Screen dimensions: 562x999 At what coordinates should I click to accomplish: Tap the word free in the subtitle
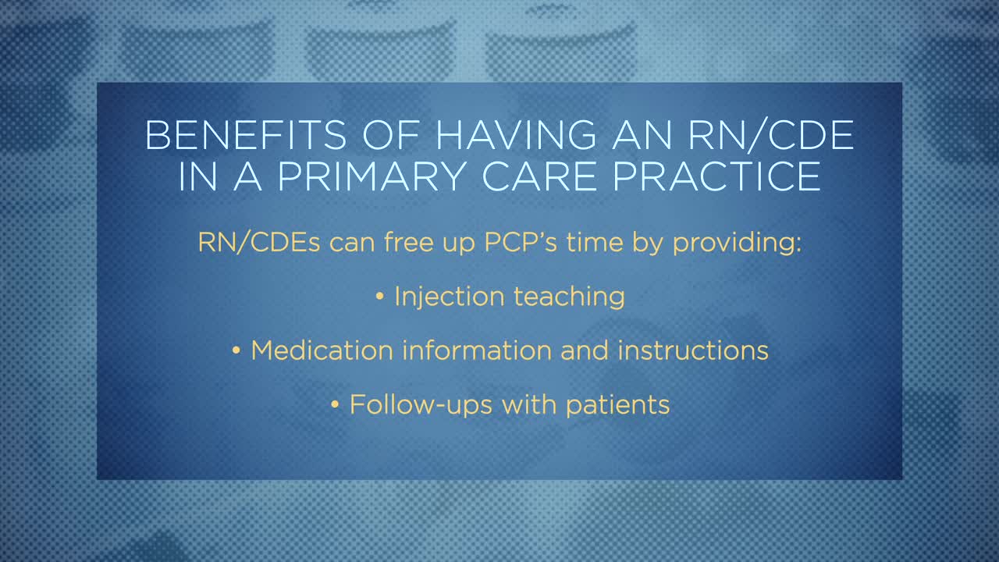(408, 242)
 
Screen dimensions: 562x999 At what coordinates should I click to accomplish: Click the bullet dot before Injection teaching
(380, 297)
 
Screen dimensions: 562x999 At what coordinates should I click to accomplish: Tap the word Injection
(449, 297)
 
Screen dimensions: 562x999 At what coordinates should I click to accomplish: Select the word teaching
(569, 297)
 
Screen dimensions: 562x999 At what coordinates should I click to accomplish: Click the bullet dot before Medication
(236, 351)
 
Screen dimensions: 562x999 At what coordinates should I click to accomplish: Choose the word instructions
(693, 350)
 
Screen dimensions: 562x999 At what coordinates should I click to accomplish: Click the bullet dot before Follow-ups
(336, 405)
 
